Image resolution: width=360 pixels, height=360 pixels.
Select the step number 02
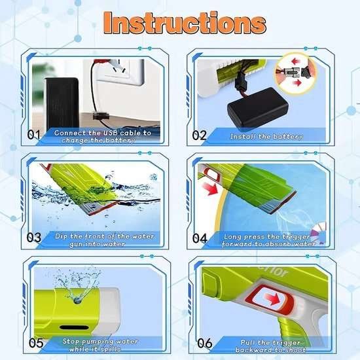click(199, 136)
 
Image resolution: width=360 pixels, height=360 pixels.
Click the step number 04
click(200, 238)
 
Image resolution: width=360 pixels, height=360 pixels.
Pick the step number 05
click(35, 342)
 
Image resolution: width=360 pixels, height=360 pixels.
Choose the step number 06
click(205, 342)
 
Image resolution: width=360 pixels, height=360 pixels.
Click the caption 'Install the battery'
click(266, 137)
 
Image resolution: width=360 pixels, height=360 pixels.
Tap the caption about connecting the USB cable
click(102, 135)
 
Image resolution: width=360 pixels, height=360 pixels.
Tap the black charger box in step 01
click(62, 101)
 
